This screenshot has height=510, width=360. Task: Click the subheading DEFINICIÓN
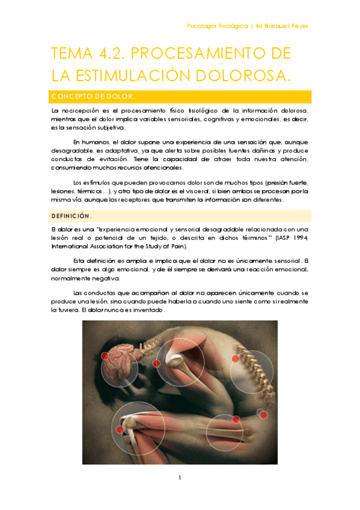click(71, 215)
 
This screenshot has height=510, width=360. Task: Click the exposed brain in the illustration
click(121, 361)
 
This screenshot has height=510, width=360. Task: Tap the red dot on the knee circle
click(120, 429)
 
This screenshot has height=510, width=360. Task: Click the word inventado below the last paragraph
click(144, 310)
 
